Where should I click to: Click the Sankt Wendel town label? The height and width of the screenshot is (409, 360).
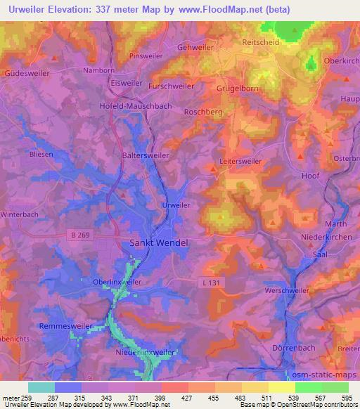coord(160,242)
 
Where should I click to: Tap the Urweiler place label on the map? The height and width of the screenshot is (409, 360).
coord(175,204)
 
